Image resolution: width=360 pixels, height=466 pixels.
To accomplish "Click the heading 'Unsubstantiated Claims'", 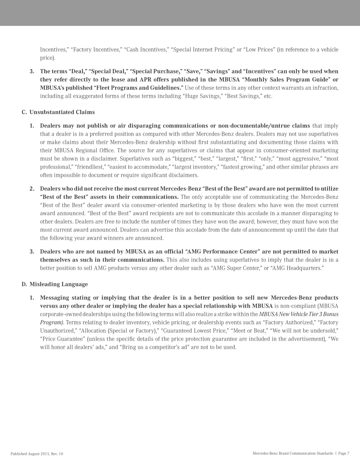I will (62, 112).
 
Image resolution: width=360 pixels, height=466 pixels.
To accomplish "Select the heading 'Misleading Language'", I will (58, 284).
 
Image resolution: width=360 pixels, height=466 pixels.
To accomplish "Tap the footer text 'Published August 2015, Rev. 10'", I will (37, 453).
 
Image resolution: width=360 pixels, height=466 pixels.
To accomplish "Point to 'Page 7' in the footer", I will (343, 453).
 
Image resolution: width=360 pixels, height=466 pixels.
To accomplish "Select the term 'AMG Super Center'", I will (236, 268).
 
